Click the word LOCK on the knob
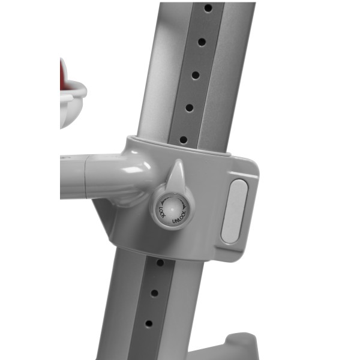click(x=162, y=212)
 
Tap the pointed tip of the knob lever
click(x=179, y=160)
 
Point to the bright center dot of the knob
click(x=172, y=209)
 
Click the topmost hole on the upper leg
click(x=208, y=8)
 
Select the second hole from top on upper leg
click(x=202, y=42)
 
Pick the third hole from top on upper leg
click(x=196, y=75)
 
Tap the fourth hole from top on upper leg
click(x=190, y=107)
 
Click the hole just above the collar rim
click(x=184, y=139)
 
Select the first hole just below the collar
click(x=160, y=263)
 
